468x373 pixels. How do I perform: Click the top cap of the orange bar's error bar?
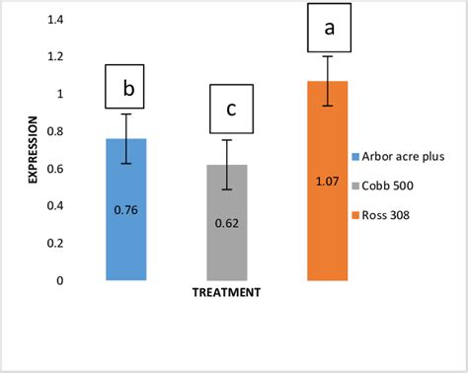pos(328,56)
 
